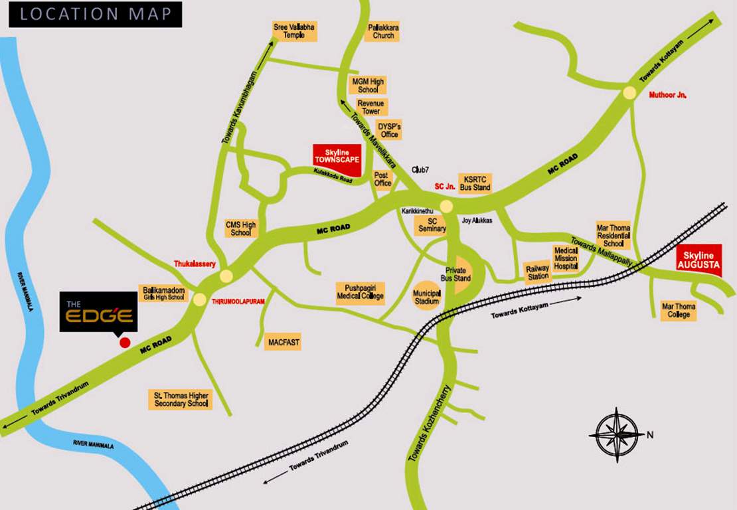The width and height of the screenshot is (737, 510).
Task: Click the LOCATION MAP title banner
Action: [95, 14]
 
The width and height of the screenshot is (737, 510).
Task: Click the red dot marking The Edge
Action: [124, 343]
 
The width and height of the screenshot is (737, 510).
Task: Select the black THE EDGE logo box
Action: [100, 311]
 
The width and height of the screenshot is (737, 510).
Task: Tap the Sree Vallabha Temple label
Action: [295, 31]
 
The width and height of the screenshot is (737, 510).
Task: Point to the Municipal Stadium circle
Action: [427, 297]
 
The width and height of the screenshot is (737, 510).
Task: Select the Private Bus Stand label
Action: [458, 274]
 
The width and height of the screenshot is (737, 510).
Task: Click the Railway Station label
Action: [537, 272]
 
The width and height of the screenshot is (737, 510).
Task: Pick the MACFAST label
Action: [284, 343]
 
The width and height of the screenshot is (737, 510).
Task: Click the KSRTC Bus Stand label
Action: [477, 183]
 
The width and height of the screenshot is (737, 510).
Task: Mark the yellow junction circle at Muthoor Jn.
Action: [628, 94]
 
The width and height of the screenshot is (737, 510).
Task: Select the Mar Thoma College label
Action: [678, 310]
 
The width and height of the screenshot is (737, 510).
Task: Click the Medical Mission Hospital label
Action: [566, 258]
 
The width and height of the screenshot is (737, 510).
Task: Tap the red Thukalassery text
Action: [195, 264]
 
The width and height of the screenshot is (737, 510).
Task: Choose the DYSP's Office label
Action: [390, 130]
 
